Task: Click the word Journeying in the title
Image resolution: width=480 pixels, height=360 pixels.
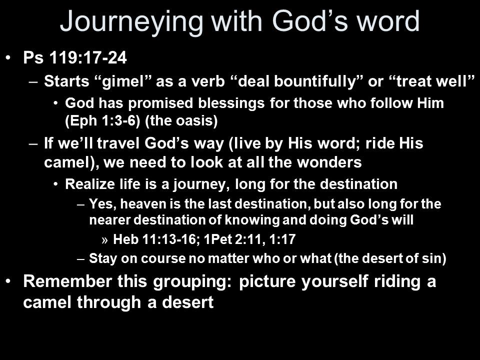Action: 131,22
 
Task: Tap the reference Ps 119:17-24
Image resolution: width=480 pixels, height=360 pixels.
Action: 75,57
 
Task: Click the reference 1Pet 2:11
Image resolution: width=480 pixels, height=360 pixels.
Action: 234,239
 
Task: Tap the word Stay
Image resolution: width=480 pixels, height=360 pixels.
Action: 103,258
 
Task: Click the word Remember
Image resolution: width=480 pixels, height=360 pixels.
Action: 67,281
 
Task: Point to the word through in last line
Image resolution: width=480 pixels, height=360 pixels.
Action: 108,302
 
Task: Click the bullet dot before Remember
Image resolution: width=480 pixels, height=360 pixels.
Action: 8,280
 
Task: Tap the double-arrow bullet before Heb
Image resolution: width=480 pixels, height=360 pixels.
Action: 104,240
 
